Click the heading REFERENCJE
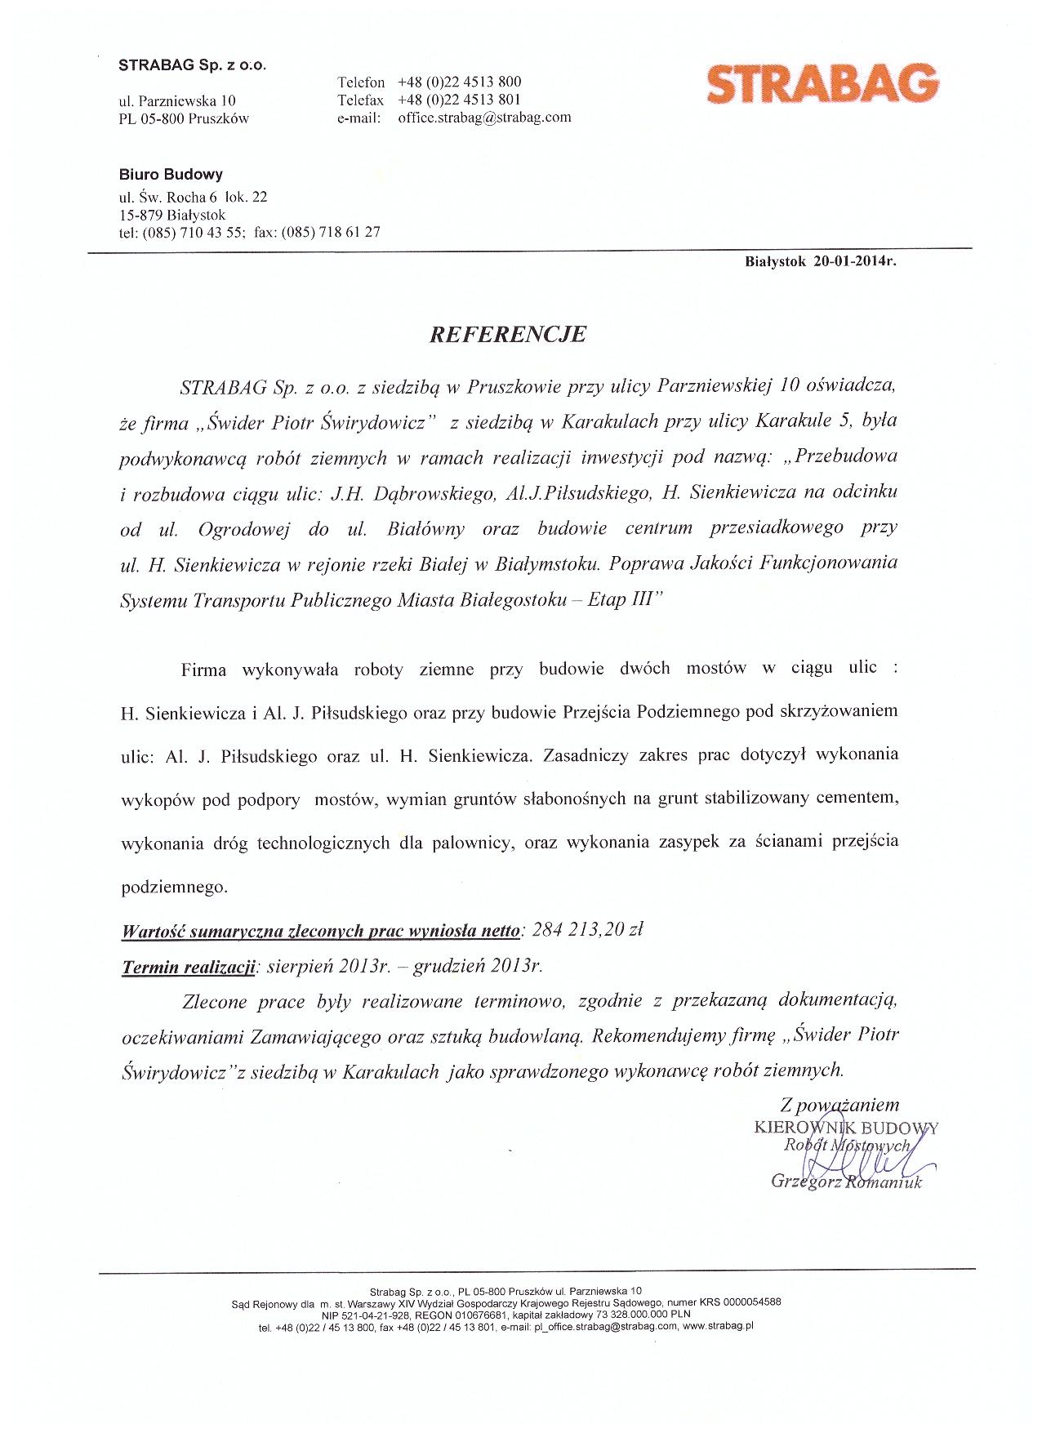tap(507, 335)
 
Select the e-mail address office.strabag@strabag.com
tap(484, 117)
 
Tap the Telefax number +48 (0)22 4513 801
tap(459, 100)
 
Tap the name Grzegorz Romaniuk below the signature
tap(845, 1182)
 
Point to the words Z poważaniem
tap(839, 1105)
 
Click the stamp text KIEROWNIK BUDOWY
tap(846, 1128)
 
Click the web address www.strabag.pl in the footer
tap(717, 1327)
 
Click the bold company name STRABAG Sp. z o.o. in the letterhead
tap(193, 65)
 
